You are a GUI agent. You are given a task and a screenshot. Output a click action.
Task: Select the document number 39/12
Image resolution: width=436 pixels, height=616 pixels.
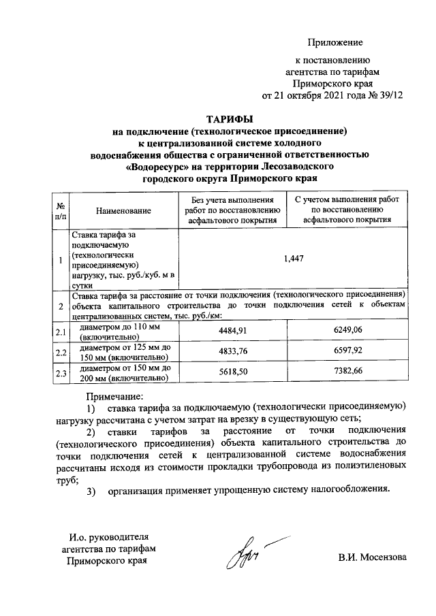tap(390, 95)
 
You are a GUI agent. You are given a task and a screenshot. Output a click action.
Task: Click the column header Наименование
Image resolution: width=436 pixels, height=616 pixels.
tap(123, 211)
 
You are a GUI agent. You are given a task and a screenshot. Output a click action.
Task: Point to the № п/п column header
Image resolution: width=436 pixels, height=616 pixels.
tap(60, 210)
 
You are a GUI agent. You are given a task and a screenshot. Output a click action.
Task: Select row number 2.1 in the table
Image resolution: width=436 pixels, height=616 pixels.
tap(60, 331)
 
